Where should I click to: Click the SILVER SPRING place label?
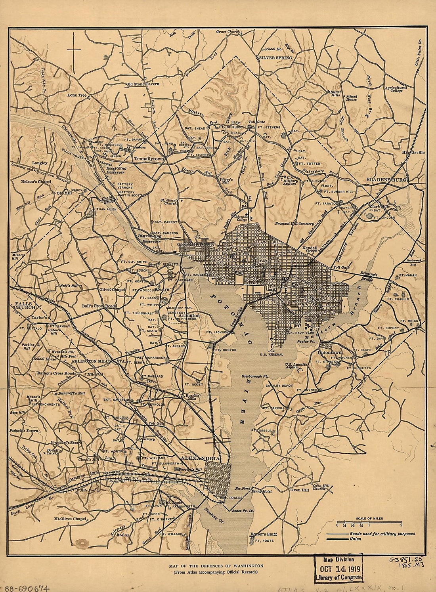pos(276,58)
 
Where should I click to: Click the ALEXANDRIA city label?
pos(200,458)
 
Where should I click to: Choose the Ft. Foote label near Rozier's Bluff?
pos(264,540)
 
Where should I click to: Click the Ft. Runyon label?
pos(226,350)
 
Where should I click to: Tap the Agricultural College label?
pos(396,89)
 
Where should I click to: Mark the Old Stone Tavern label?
pos(143,84)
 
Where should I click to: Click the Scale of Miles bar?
pos(369,522)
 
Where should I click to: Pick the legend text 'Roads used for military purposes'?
pos(382,534)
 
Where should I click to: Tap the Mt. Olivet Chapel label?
pos(70,519)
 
